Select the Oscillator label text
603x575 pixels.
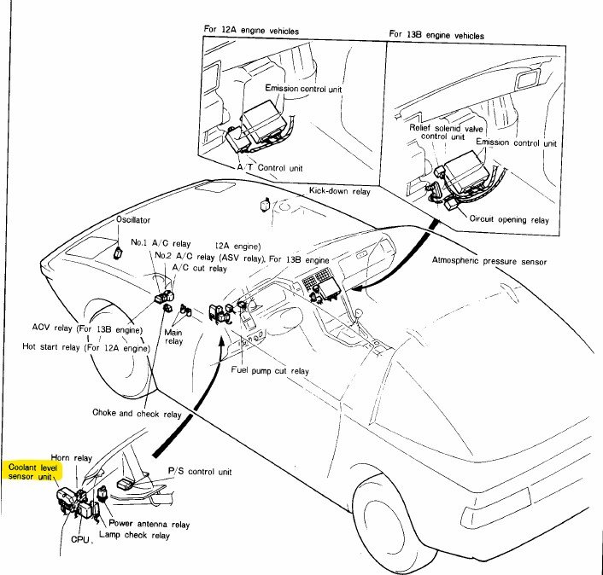coord(132,219)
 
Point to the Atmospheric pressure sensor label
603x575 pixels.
coord(489,260)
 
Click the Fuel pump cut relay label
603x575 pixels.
coord(270,370)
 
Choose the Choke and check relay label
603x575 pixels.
coord(137,413)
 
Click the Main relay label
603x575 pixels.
coord(173,336)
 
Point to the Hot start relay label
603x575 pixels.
coord(86,348)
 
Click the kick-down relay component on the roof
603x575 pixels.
coord(265,203)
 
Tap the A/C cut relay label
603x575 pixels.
coord(199,268)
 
